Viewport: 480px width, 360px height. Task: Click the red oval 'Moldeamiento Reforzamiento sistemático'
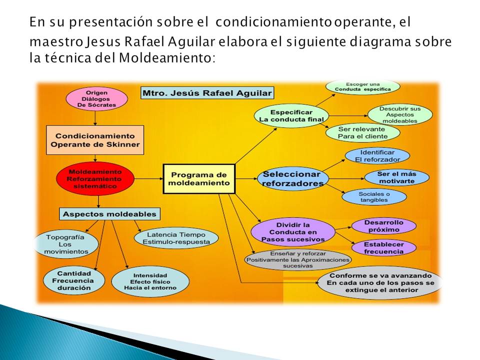(95, 178)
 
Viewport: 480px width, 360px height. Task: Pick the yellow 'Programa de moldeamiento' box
(199, 178)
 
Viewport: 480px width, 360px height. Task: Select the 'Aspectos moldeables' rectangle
(109, 214)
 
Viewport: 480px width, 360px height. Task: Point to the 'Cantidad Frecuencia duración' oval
(73, 281)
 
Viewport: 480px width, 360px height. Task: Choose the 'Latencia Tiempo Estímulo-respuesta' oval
(176, 237)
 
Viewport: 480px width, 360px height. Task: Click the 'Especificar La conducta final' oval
(290, 115)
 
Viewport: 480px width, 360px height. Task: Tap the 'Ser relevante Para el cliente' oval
(362, 132)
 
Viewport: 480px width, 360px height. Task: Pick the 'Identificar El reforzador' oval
(377, 156)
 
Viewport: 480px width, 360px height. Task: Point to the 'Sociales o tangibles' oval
(374, 196)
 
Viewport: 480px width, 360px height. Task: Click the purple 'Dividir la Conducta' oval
(292, 231)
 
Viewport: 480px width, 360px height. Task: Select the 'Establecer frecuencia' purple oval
(384, 248)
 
